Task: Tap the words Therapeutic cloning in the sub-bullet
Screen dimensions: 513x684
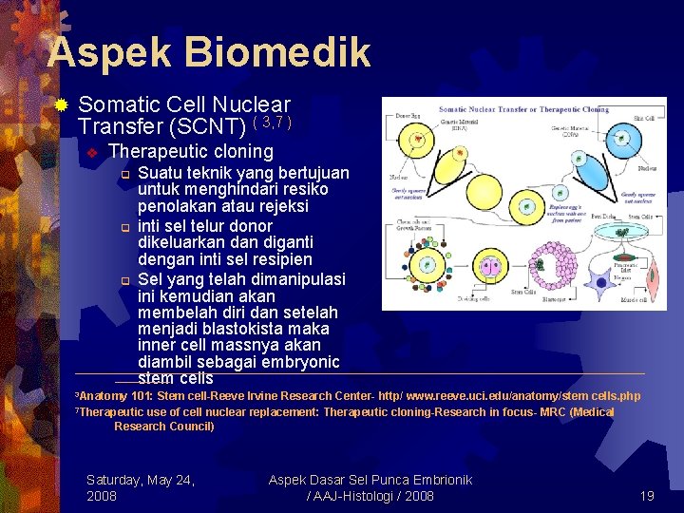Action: [x=191, y=151]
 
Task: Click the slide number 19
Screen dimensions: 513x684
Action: [x=647, y=496]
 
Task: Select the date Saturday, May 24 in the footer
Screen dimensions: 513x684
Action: [x=141, y=480]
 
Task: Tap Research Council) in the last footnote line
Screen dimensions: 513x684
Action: [x=164, y=427]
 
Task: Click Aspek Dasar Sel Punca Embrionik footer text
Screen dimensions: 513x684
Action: [x=370, y=480]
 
